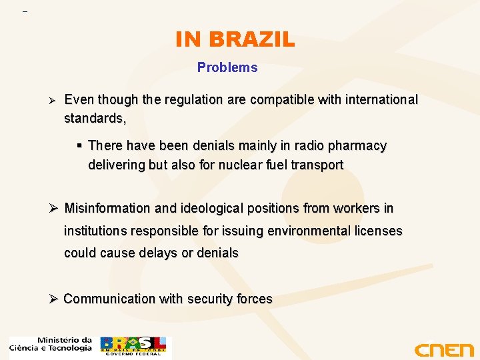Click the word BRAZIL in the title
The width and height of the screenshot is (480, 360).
click(251, 40)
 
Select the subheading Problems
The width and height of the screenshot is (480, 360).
click(227, 67)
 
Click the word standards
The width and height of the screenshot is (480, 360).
click(94, 119)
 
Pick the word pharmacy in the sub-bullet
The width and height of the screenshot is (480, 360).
click(357, 145)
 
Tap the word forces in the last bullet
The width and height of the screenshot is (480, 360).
click(254, 299)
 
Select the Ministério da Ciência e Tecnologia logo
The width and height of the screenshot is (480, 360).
click(51, 345)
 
